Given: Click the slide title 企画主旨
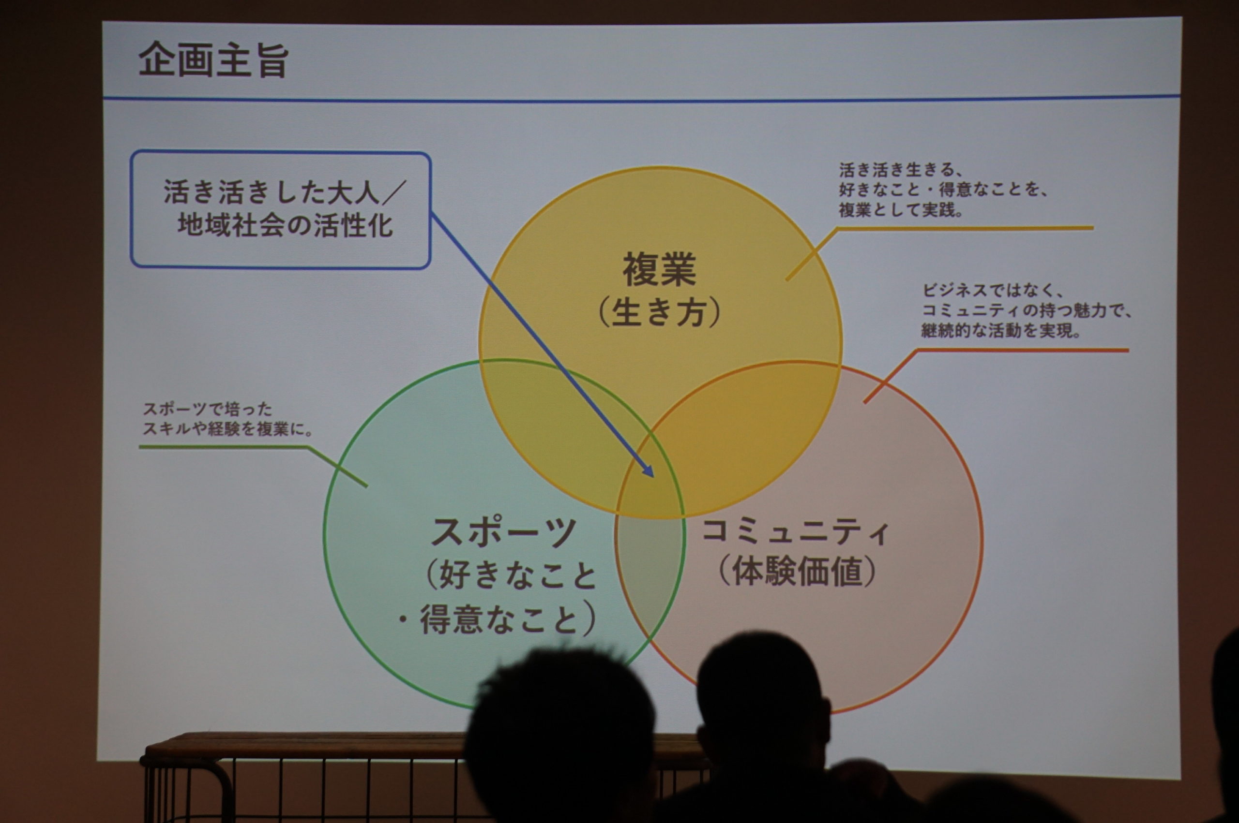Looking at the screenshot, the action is pos(213,61).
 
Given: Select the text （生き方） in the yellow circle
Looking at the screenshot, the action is pos(659,313).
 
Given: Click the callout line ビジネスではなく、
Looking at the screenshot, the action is pos(993,290).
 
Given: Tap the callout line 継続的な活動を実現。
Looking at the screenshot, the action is pos(1001,331).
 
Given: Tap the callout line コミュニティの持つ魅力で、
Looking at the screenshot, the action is pos(1027,311).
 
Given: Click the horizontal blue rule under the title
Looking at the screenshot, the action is pos(641,99).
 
